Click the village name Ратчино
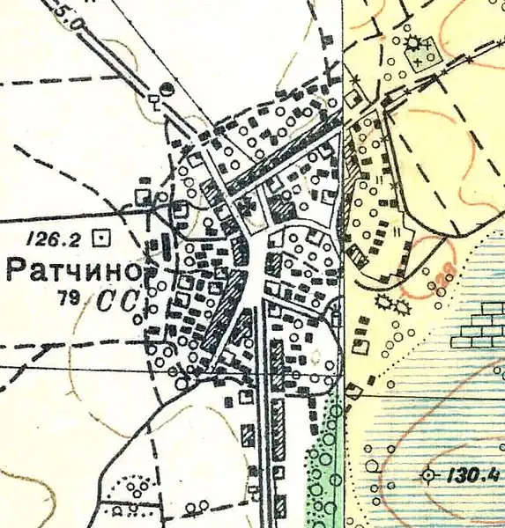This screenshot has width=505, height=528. [x=74, y=269]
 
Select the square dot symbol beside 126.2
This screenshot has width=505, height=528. [x=105, y=236]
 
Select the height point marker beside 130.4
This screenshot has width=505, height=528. [x=429, y=475]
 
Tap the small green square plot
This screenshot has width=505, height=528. [x=420, y=58]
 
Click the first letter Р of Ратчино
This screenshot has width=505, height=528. [x=16, y=269]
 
